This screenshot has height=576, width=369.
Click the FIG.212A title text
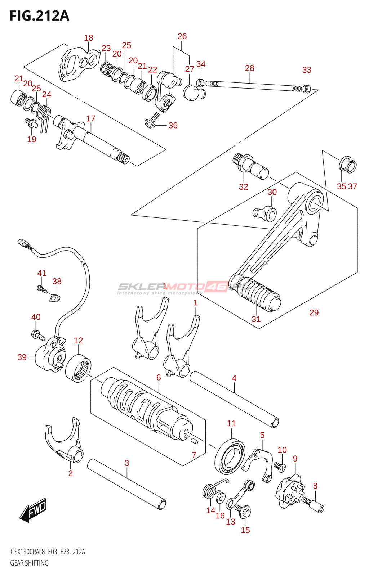[39, 16]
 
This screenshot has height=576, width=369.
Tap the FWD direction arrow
[34, 510]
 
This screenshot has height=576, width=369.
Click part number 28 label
[250, 68]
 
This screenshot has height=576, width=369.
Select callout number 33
[307, 70]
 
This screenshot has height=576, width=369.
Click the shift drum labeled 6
[144, 407]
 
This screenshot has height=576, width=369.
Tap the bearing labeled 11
[230, 457]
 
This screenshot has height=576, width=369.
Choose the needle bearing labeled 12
[78, 368]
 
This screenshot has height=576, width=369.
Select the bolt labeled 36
[152, 121]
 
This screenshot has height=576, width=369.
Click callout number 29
[314, 312]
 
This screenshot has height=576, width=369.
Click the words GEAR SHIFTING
[30, 563]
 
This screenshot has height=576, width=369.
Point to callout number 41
[42, 273]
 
